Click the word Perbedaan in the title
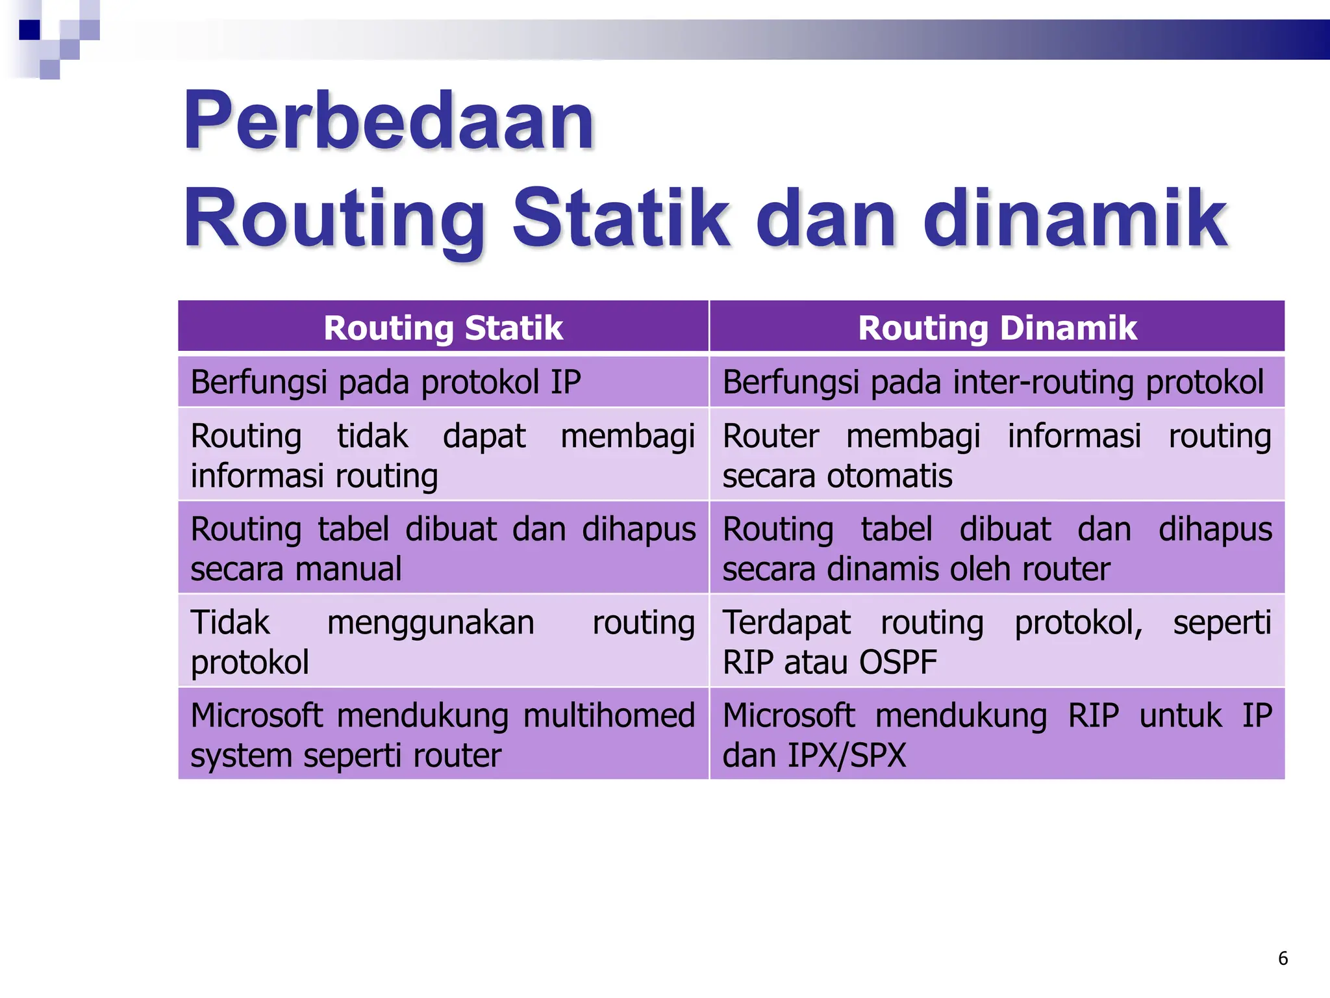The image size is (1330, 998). pos(388,122)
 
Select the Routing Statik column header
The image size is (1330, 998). pos(443,327)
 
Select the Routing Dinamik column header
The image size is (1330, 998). pos(997,327)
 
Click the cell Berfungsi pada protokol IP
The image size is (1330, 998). pos(386,382)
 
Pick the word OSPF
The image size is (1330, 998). pos(898,663)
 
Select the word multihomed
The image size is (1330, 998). pos(609,716)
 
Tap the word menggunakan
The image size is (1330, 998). pos(431,623)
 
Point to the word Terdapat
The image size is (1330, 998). pos(786,623)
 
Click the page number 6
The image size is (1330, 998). pos(1283,958)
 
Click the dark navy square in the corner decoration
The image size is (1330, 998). pos(30,30)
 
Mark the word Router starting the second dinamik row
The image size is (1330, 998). pos(770,436)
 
